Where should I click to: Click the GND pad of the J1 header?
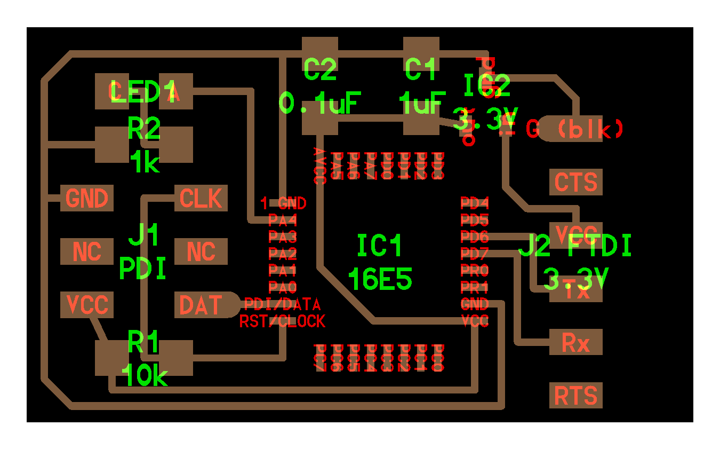coord(87,199)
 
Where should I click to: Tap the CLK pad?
coord(201,199)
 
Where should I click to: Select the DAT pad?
coord(201,305)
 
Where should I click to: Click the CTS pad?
coord(575,182)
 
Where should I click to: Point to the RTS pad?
coord(575,396)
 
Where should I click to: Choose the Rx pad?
coord(575,342)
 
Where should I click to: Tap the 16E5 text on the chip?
coord(380,278)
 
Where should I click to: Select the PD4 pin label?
coord(474,203)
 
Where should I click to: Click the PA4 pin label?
coord(282,219)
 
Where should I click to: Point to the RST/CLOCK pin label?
coord(282,321)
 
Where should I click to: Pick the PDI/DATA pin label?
coord(282,305)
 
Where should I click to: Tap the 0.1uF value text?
coord(321,103)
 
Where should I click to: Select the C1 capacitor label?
coord(421,69)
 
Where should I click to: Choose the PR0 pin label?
coord(474,271)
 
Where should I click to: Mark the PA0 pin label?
coord(282,288)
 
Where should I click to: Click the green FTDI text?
coord(599,246)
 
